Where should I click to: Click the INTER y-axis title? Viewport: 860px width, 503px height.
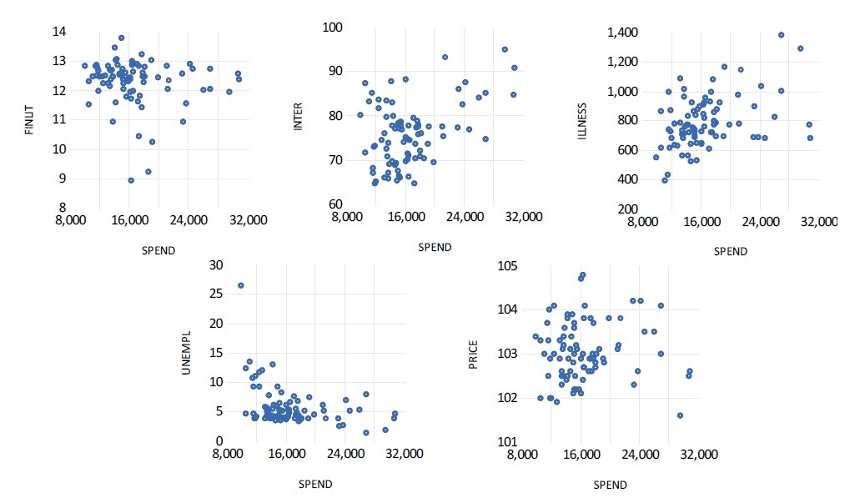(x=298, y=120)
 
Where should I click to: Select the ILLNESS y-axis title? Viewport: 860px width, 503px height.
(x=583, y=120)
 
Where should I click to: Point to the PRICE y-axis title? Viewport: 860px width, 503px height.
(x=475, y=352)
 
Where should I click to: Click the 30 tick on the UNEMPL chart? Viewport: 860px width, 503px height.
(x=217, y=264)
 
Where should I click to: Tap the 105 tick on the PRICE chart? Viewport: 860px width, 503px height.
(x=507, y=265)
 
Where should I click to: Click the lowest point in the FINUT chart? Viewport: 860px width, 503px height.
(x=131, y=180)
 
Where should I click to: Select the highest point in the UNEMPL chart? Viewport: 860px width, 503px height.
(x=241, y=285)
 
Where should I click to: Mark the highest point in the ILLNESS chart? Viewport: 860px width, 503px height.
(x=782, y=35)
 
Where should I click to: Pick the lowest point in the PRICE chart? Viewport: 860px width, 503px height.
(x=680, y=415)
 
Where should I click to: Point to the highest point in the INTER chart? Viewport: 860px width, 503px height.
(x=505, y=49)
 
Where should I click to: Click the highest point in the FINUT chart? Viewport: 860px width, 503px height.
(x=122, y=38)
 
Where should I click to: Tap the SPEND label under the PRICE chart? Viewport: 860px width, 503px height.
(x=610, y=485)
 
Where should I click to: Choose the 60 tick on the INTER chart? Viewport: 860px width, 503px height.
(x=335, y=204)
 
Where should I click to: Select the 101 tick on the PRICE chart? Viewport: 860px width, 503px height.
(x=507, y=441)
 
